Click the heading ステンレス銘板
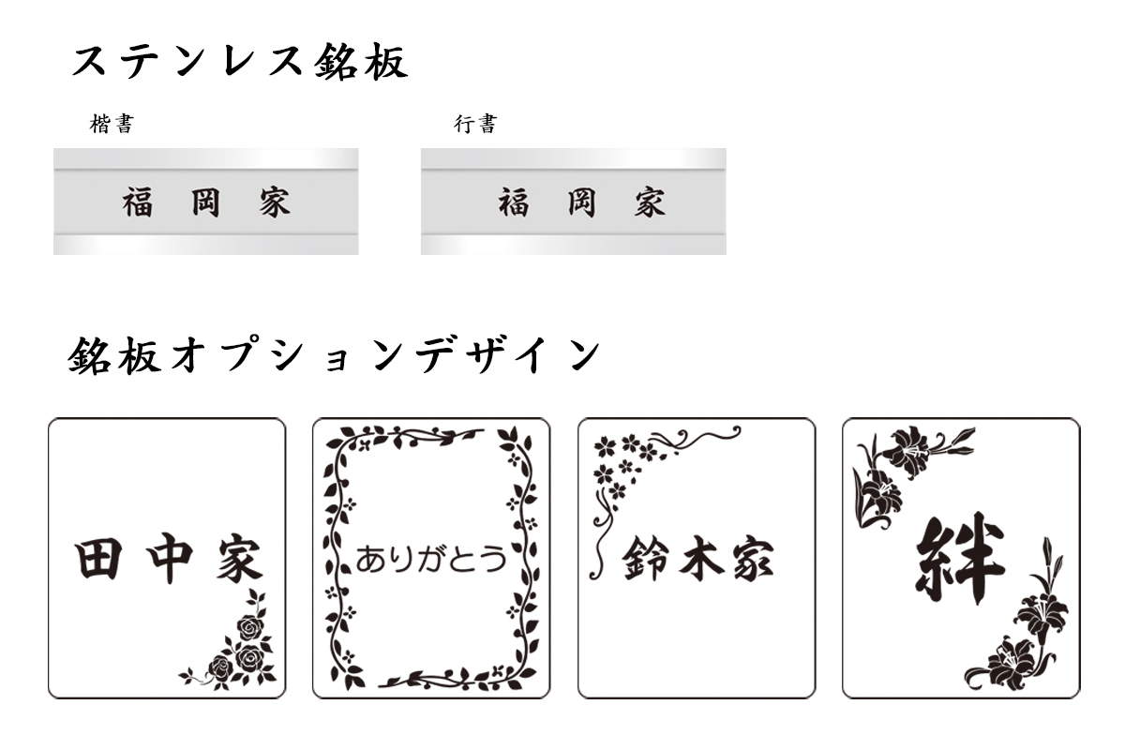point(240,63)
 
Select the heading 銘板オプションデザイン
point(334,357)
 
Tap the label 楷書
point(112,125)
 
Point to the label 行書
point(475,125)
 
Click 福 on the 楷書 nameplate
point(138,202)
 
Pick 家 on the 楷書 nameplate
point(275,202)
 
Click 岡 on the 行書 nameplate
point(581,202)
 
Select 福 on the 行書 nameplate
point(513,202)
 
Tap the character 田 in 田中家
point(97,561)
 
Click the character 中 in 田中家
point(169,561)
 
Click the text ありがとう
point(431,560)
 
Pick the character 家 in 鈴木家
point(753,561)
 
